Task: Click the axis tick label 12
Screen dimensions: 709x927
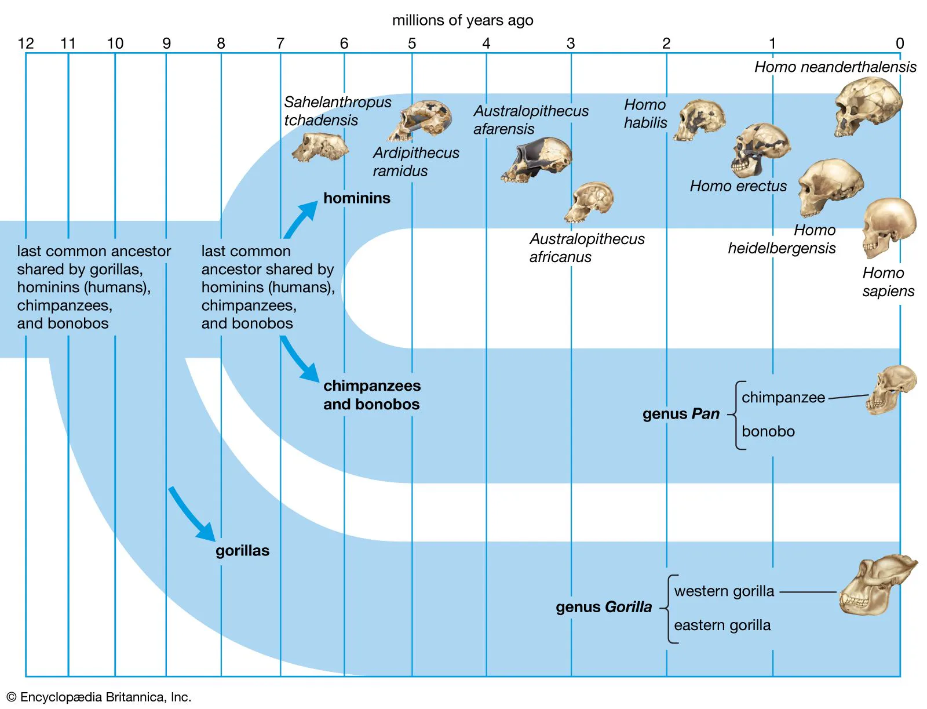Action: coord(26,43)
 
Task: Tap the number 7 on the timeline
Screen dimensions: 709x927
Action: coord(280,43)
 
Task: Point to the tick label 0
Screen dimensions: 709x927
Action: coord(899,43)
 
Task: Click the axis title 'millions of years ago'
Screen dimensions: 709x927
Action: coord(462,20)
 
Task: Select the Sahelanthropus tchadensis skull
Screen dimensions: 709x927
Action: coord(320,147)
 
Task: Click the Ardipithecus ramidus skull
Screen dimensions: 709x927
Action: coord(421,120)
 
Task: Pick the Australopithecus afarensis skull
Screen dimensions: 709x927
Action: coord(538,159)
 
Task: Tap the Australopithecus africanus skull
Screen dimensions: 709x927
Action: coord(590,202)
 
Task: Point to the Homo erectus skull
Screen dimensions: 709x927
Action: coord(760,149)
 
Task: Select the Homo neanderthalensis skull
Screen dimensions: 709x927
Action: coord(867,107)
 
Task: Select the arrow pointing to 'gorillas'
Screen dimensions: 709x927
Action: coord(191,514)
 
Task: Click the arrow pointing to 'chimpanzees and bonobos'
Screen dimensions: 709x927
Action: coord(300,359)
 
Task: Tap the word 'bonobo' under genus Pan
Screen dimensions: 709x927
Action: coord(768,431)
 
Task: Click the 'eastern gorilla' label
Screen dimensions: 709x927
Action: coord(722,625)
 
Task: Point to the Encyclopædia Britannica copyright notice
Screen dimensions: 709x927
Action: coord(98,697)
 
